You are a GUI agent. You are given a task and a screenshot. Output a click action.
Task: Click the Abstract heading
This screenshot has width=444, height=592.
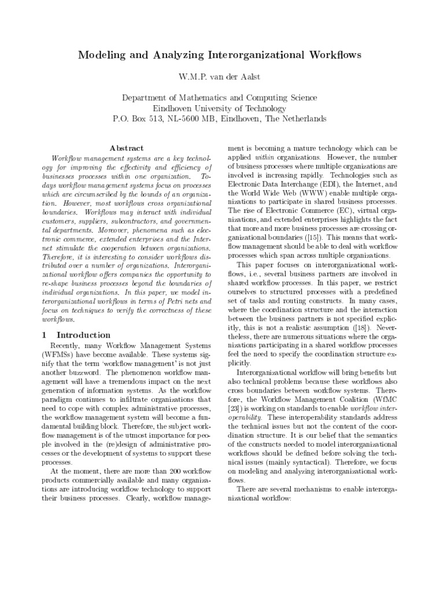[127, 149]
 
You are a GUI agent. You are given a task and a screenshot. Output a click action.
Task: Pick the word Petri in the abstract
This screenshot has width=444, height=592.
[166, 301]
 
